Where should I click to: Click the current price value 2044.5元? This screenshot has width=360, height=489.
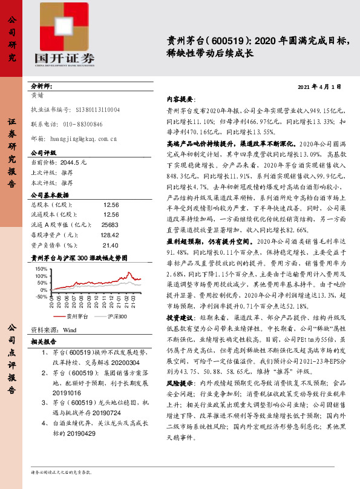click(74, 163)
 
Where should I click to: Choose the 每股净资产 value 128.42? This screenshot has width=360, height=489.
click(109, 234)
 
